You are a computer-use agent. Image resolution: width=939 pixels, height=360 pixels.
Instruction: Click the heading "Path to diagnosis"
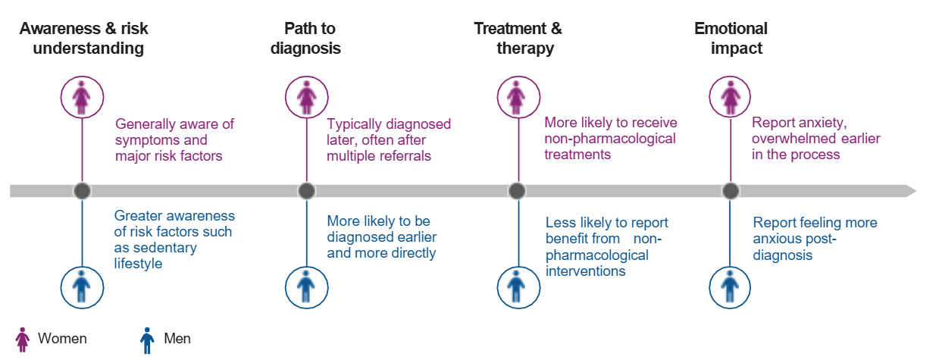pyautogui.click(x=305, y=38)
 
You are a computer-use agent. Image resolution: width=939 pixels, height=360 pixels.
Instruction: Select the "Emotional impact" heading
pyautogui.click(x=731, y=38)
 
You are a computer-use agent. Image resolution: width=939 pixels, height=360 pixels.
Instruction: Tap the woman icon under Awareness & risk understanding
pyautogui.click(x=82, y=97)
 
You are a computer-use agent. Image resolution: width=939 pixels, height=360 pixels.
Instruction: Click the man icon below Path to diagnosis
pyautogui.click(x=306, y=287)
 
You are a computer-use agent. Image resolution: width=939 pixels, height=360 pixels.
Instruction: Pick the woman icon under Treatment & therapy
pyautogui.click(x=518, y=97)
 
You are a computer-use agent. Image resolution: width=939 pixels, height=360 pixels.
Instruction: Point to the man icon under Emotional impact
pyautogui.click(x=730, y=287)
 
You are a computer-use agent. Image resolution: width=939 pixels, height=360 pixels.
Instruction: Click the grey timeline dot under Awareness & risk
pyautogui.click(x=82, y=191)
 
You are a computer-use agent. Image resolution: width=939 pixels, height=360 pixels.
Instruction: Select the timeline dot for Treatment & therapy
pyautogui.click(x=517, y=191)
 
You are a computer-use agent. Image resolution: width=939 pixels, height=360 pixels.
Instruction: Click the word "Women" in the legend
pyautogui.click(x=62, y=338)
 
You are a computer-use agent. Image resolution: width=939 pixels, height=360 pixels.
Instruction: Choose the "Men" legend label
pyautogui.click(x=177, y=338)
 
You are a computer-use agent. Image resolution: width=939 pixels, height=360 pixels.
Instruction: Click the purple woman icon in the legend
pyautogui.click(x=23, y=340)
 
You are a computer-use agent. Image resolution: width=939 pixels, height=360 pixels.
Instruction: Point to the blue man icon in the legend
pyautogui.click(x=147, y=340)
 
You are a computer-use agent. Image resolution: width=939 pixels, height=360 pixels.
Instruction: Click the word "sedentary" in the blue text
pyautogui.click(x=164, y=248)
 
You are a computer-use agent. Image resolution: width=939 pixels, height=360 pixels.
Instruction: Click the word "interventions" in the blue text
pyautogui.click(x=585, y=271)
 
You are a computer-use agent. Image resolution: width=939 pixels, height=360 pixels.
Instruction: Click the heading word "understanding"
pyautogui.click(x=89, y=49)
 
